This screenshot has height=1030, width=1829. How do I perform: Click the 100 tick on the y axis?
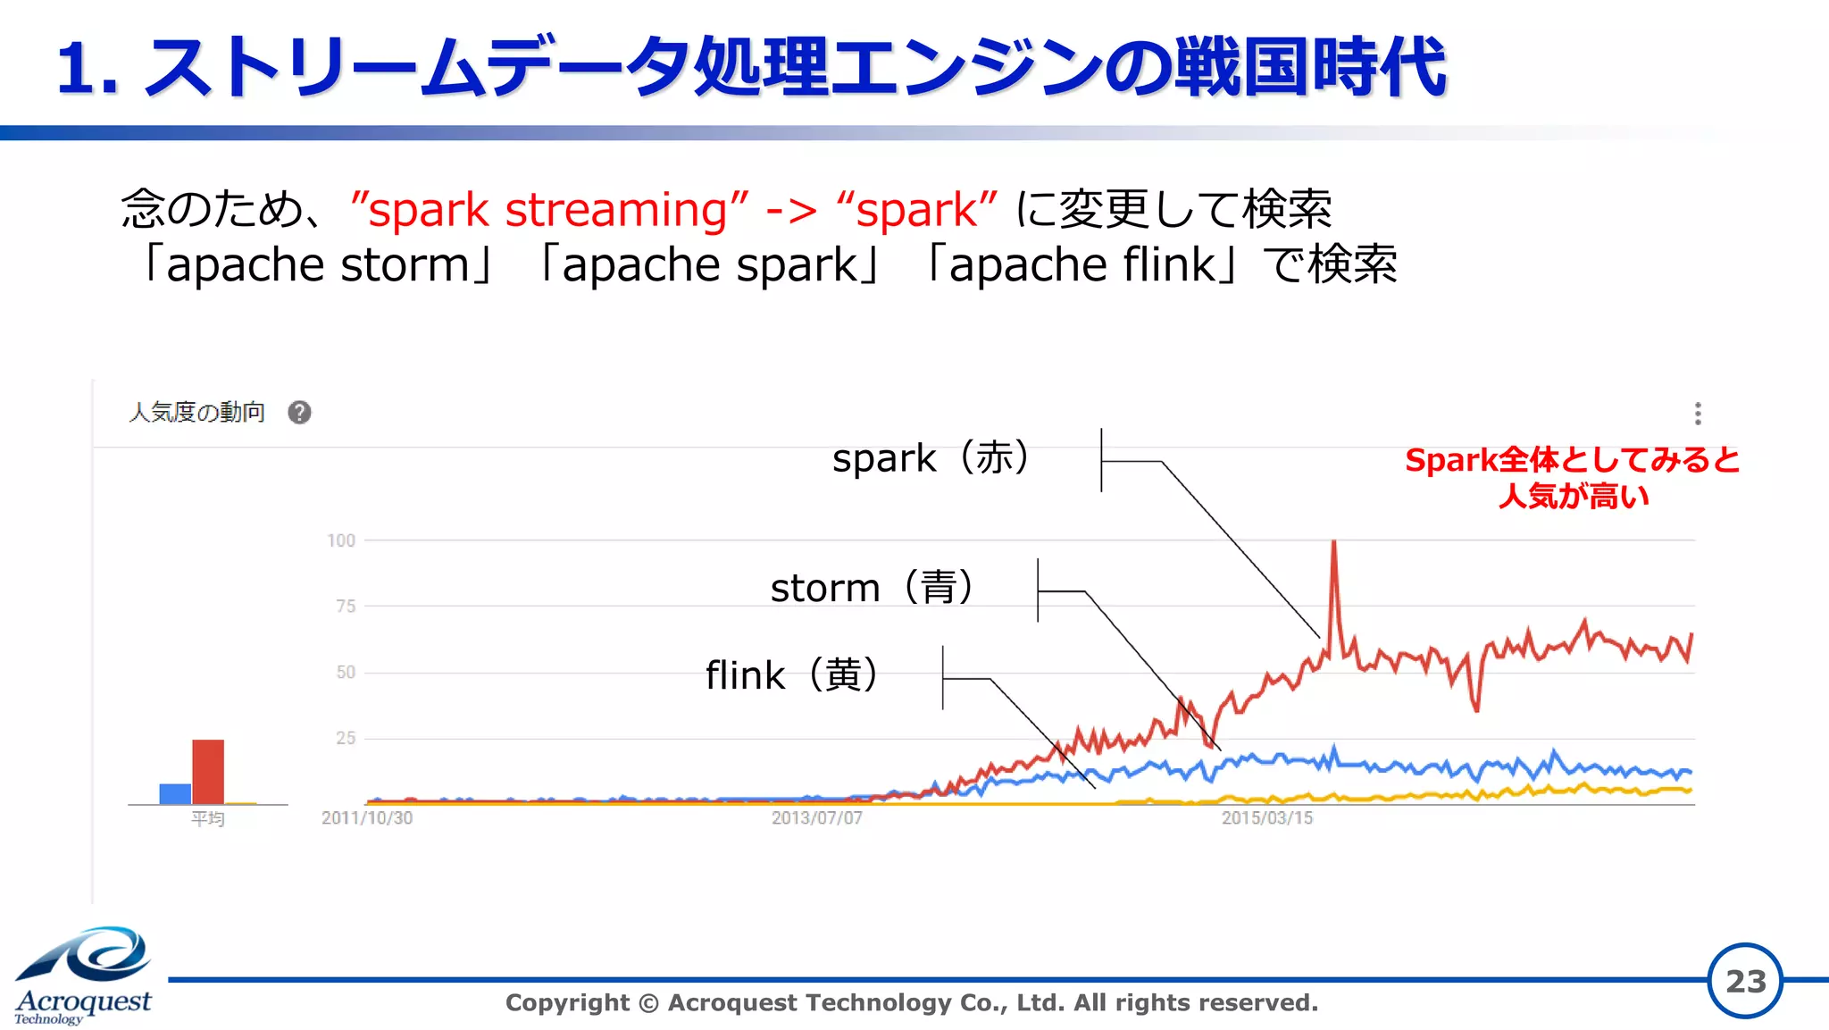click(x=341, y=540)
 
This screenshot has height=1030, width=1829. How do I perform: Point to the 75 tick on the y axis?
click(x=346, y=607)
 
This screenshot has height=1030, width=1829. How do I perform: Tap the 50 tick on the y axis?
click(x=346, y=673)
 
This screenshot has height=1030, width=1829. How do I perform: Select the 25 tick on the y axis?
click(x=346, y=739)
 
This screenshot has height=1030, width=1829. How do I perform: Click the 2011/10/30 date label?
click(x=367, y=818)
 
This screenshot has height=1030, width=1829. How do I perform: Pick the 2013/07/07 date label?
click(x=817, y=818)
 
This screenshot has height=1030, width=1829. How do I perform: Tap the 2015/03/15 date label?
click(x=1267, y=818)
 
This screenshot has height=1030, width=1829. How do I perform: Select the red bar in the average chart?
click(x=208, y=772)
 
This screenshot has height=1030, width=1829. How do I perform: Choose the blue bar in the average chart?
click(x=175, y=794)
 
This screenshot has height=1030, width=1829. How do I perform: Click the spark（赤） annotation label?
click(x=931, y=458)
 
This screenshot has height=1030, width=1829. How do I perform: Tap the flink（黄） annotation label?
click(x=792, y=675)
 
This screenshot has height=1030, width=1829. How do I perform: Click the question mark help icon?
click(x=299, y=413)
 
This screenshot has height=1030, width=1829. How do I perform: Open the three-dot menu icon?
click(x=1698, y=414)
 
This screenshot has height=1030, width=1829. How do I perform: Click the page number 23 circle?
click(x=1745, y=981)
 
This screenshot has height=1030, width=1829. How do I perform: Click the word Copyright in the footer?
click(x=567, y=1003)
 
